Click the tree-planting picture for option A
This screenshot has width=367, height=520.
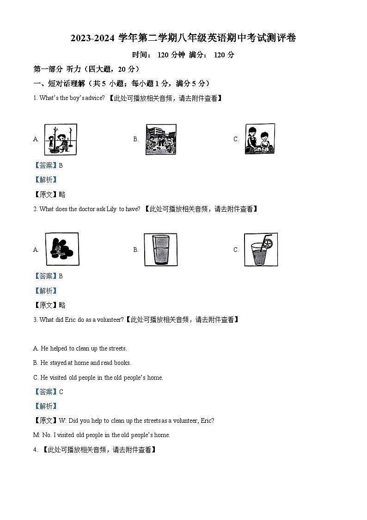(x=61, y=139)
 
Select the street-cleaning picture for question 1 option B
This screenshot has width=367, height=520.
(x=161, y=139)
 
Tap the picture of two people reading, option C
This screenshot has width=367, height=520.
(x=260, y=138)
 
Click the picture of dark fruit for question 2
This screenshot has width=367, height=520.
(x=62, y=249)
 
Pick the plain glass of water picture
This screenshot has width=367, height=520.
(x=160, y=250)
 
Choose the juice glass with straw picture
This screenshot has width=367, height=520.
(x=261, y=250)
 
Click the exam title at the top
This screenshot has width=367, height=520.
(x=183, y=38)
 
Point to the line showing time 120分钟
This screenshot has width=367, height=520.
(x=183, y=55)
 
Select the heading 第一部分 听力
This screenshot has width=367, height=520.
(x=86, y=69)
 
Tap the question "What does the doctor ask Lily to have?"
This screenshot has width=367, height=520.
(x=89, y=209)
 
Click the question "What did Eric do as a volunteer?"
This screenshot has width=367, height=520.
(x=81, y=320)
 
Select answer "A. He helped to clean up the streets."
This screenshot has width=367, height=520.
(x=80, y=348)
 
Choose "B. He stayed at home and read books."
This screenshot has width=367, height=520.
(x=82, y=363)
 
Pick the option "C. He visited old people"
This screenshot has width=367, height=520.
(x=98, y=377)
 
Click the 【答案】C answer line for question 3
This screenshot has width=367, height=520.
(x=49, y=392)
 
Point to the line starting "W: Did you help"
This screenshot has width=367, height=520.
(x=136, y=420)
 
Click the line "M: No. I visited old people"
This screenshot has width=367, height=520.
(x=102, y=435)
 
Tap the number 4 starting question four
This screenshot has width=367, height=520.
(x=35, y=449)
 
